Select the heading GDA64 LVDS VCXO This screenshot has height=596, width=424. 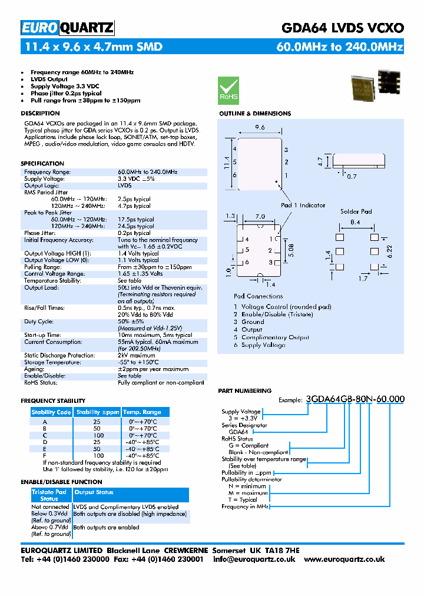(x=342, y=28)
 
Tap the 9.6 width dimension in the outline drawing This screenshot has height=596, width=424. (x=260, y=128)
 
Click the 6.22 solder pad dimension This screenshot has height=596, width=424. (x=390, y=250)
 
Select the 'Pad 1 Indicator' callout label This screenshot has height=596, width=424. (x=303, y=205)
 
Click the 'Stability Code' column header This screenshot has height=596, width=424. (x=51, y=412)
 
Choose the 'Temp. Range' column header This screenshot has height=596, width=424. (x=141, y=412)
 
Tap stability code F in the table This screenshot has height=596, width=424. (x=45, y=456)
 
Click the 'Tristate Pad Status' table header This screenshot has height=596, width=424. (x=49, y=495)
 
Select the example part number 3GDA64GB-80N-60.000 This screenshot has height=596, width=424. (x=355, y=399)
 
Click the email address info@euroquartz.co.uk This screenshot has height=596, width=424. (x=254, y=559)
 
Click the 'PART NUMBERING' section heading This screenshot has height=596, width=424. (x=244, y=390)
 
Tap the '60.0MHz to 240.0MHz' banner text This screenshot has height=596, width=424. (x=340, y=47)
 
